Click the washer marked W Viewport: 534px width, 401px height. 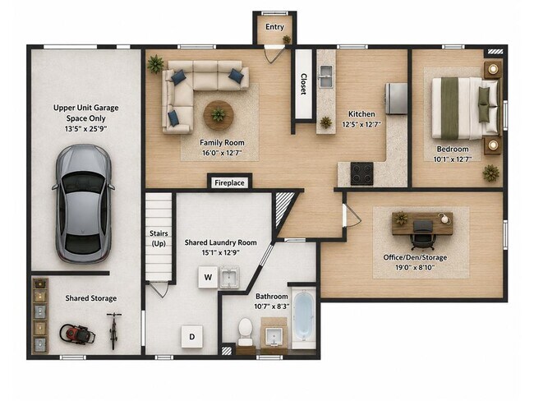pos(208,277)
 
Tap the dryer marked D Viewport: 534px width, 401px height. pos(191,337)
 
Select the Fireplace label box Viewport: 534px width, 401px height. pos(229,183)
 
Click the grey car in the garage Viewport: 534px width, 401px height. pos(84,204)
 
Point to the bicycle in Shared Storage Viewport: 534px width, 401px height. pos(113,330)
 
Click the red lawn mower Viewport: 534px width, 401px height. pos(77,334)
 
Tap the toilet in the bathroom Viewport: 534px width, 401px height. pos(245,332)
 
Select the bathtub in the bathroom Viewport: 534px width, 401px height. pos(303,317)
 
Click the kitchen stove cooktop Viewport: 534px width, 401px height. pos(362,173)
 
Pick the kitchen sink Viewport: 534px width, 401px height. pos(325,76)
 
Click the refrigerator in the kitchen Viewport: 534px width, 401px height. pos(397,99)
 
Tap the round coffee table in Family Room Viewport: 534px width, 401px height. pos(219,116)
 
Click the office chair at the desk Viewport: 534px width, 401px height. pos(422,234)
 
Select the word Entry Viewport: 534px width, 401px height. pos(274,27)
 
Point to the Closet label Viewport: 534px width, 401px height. pos(303,84)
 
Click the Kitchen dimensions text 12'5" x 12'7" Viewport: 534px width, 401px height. pos(361,124)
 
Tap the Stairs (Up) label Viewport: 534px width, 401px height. pos(159,238)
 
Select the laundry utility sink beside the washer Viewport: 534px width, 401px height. pos(229,277)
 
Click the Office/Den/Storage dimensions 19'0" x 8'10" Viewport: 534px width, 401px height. pos(415,267)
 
